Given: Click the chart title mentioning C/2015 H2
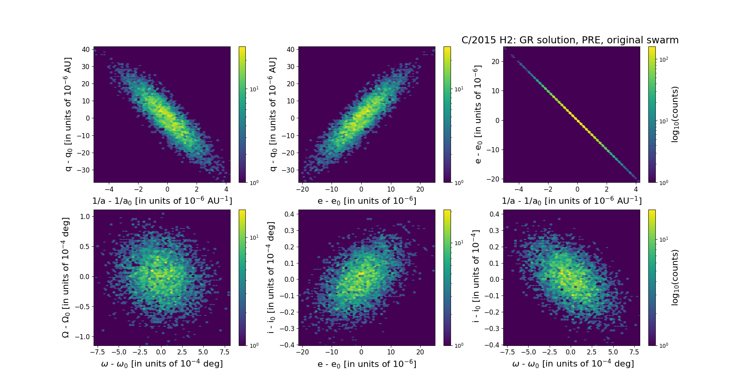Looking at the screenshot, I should (570, 40).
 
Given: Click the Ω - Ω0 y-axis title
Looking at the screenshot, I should (66, 278).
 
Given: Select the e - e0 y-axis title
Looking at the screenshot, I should (477, 114).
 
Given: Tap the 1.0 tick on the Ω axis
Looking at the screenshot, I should (85, 217).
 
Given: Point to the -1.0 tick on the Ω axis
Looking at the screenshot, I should (83, 337).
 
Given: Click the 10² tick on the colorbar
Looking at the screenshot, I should (663, 59).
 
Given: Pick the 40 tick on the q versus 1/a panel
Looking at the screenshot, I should (85, 50).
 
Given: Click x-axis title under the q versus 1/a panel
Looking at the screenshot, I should (162, 201).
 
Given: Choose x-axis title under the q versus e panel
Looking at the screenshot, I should (367, 201).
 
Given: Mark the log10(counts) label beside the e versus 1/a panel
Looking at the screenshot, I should (675, 114).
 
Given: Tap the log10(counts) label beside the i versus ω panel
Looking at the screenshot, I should (675, 278).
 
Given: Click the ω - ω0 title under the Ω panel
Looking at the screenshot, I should (162, 364).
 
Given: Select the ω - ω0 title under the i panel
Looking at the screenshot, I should (573, 364).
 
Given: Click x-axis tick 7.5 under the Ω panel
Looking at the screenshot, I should (224, 352).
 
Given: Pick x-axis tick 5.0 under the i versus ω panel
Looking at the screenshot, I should (613, 352).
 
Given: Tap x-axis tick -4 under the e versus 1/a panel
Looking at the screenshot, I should (518, 189).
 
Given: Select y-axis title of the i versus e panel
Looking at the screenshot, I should (271, 278).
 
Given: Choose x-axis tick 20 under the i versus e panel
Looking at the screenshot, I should (420, 352).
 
